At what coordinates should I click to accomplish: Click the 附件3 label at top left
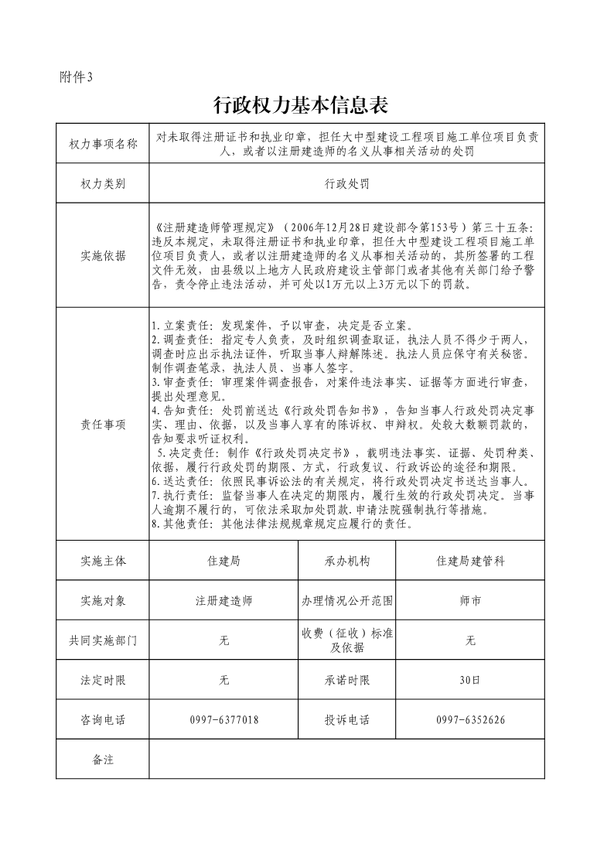(75, 77)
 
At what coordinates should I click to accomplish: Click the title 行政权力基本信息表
(299, 105)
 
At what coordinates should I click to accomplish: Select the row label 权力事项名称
(103, 144)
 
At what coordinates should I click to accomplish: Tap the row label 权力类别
(103, 183)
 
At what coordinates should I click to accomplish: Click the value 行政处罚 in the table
(346, 183)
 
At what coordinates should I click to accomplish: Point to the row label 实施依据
(103, 257)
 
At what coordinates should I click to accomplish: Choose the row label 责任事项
(103, 425)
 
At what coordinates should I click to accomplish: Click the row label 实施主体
(103, 561)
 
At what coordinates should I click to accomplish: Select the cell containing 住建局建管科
(470, 561)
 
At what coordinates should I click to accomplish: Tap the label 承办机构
(347, 561)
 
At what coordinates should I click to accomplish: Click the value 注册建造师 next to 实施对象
(223, 600)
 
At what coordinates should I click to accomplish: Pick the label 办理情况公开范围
(347, 600)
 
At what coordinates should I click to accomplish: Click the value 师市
(470, 600)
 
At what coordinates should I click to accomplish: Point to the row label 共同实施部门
(103, 640)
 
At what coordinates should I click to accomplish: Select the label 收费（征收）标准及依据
(347, 640)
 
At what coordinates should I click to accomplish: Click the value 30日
(470, 681)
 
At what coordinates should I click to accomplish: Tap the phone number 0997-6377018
(223, 720)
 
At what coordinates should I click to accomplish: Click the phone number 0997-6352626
(470, 720)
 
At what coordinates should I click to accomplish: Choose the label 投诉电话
(347, 720)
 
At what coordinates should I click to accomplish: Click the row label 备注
(103, 760)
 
